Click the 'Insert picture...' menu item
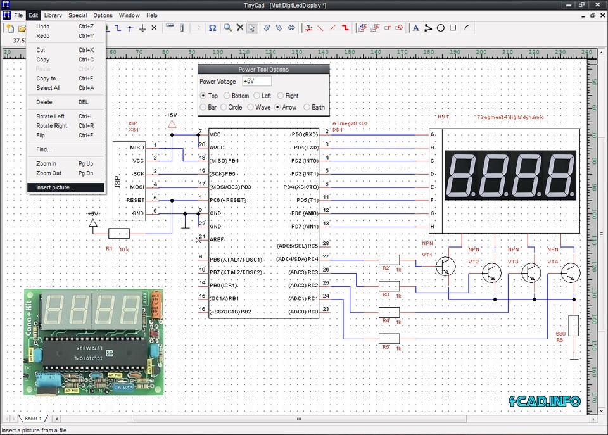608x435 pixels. pyautogui.click(x=55, y=187)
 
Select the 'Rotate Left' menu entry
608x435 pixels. pyautogui.click(x=51, y=117)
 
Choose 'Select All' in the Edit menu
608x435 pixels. pyautogui.click(x=48, y=88)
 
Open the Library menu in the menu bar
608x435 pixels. pyautogui.click(x=53, y=15)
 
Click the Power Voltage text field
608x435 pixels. pyautogui.click(x=256, y=81)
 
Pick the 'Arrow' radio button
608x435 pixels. pyautogui.click(x=278, y=107)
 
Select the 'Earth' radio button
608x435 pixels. pyautogui.click(x=307, y=107)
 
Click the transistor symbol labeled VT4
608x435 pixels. pyautogui.click(x=570, y=274)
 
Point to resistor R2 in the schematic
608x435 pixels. pyautogui.click(x=389, y=259)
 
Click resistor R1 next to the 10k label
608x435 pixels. pyautogui.click(x=119, y=234)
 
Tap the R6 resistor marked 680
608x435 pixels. pyautogui.click(x=574, y=325)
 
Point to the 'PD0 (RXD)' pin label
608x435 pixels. pyautogui.click(x=305, y=134)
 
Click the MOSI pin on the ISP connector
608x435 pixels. pyautogui.click(x=137, y=187)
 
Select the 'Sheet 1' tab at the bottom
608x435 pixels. pyautogui.click(x=33, y=419)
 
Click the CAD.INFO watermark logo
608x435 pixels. pyautogui.click(x=545, y=401)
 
